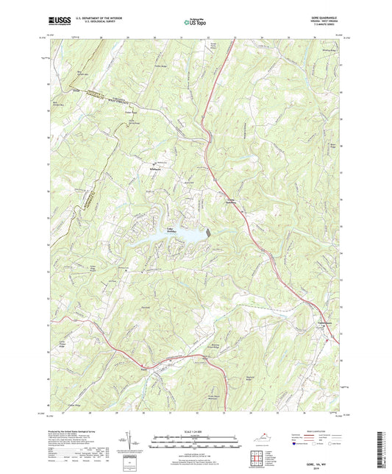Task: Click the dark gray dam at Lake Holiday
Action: click(208, 232)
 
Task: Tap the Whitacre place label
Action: click(157, 170)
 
